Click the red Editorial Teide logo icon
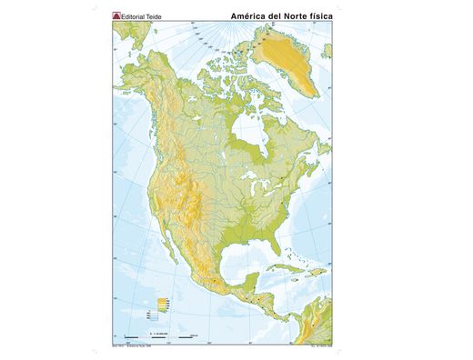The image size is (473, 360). [115, 15]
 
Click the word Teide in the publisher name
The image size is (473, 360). [153, 15]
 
